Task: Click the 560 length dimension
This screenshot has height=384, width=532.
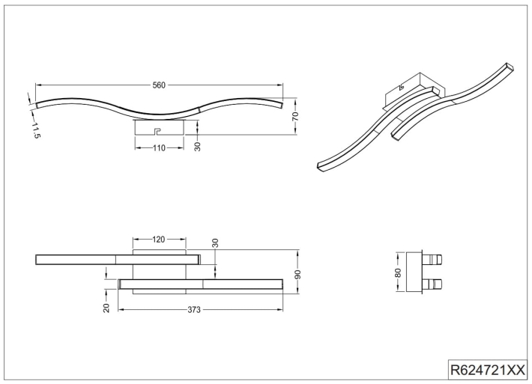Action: [159, 85]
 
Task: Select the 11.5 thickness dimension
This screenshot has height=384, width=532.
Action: [36, 130]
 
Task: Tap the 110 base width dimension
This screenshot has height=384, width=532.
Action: [159, 148]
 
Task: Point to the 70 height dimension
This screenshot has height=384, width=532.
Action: [295, 116]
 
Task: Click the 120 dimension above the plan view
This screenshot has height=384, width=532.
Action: [158, 240]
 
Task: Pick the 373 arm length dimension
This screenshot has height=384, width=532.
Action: [194, 310]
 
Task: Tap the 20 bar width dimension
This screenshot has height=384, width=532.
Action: [106, 308]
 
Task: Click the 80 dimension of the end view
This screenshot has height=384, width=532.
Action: [398, 272]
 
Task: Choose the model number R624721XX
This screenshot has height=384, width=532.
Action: [487, 369]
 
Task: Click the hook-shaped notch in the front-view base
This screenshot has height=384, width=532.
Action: [157, 131]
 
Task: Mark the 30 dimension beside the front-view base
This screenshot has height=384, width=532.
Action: [198, 146]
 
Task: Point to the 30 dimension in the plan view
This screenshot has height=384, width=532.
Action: [215, 243]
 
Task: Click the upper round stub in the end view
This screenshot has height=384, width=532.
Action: [432, 260]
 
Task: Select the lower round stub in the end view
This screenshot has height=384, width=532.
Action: [432, 284]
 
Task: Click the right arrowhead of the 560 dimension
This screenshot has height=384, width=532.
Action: [280, 85]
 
